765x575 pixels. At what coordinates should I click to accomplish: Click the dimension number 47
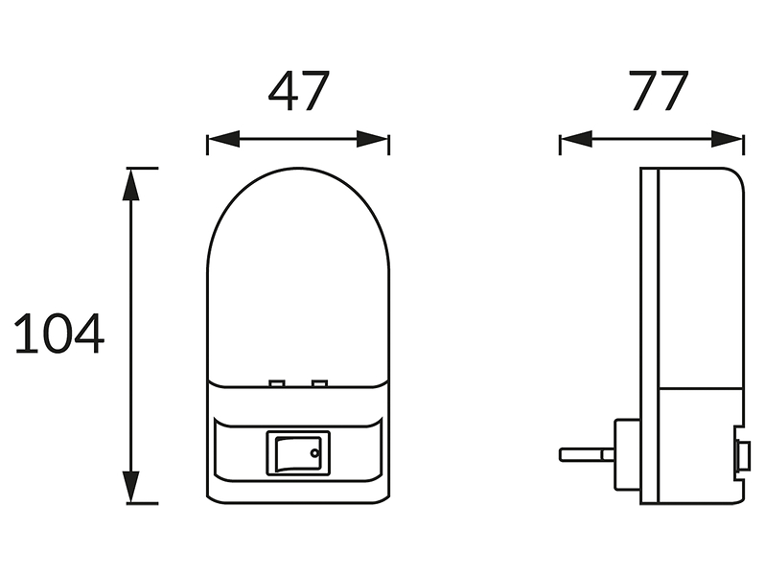[x=298, y=91]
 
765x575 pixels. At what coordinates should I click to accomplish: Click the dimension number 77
[x=659, y=91]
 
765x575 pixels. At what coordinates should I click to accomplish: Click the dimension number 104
[x=59, y=334]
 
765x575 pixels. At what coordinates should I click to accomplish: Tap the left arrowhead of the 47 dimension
[x=223, y=139]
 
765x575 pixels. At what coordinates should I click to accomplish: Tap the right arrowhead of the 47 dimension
[x=373, y=139]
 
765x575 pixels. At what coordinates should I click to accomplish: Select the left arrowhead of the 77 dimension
[x=576, y=139]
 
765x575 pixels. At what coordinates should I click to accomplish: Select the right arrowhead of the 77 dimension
[x=728, y=139]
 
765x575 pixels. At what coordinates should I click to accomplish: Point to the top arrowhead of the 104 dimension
[x=130, y=184]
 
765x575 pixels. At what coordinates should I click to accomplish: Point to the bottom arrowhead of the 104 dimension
[x=130, y=487]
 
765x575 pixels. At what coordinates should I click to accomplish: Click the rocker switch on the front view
[x=298, y=453]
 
